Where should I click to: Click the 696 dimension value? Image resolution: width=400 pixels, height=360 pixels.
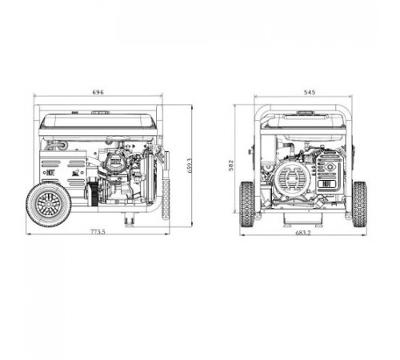[x=98, y=93]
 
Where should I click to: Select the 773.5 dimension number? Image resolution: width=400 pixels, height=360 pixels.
[x=98, y=231]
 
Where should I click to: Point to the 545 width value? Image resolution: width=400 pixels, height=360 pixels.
[x=309, y=93]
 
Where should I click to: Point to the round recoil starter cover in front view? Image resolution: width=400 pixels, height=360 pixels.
[x=290, y=179]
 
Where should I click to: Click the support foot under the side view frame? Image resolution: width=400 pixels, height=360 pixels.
[x=128, y=216]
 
